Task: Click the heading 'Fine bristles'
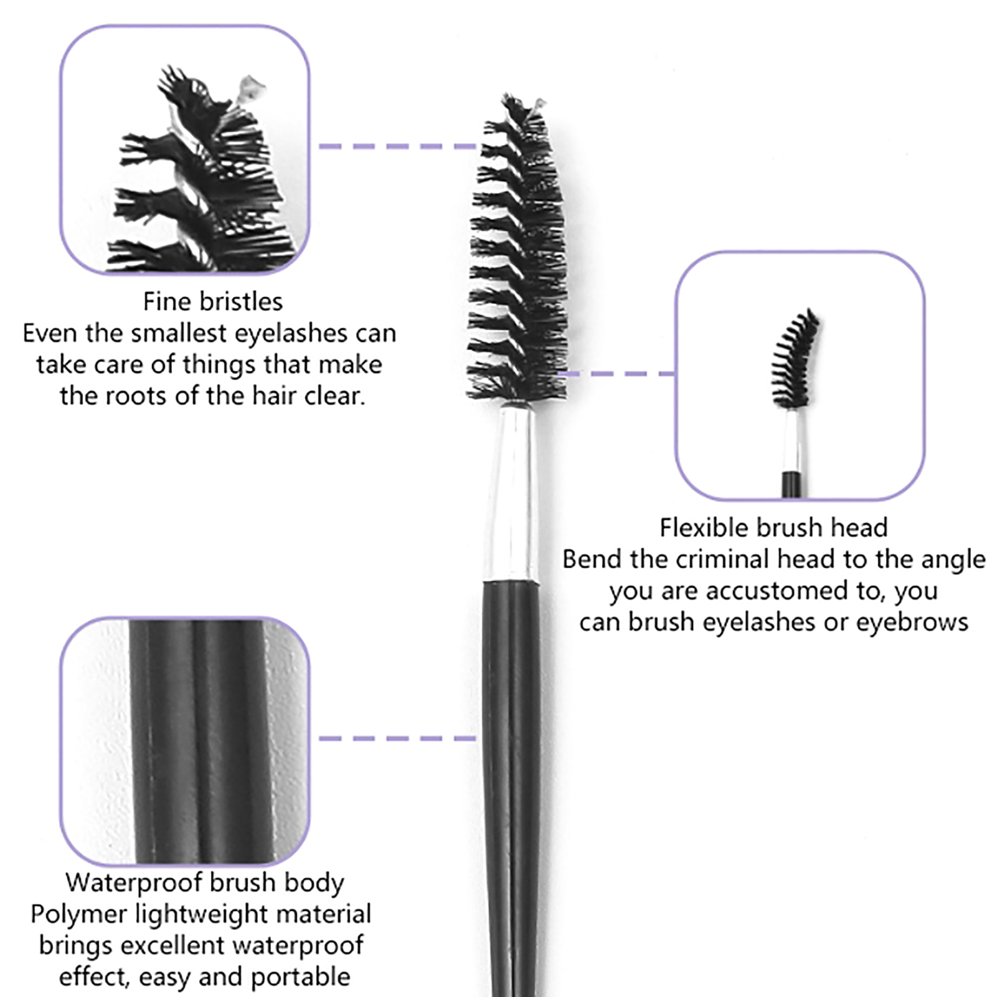tap(212, 302)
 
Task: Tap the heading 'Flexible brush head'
tap(773, 528)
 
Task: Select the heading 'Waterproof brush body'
tap(204, 883)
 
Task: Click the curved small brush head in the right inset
tap(794, 358)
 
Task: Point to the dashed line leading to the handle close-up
tap(398, 738)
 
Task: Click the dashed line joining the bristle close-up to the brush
tap(398, 146)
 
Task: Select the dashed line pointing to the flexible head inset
tap(617, 374)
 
